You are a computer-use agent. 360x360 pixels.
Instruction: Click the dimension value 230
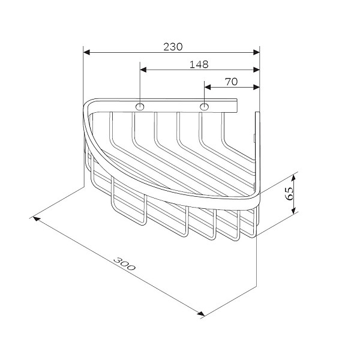[x=173, y=47]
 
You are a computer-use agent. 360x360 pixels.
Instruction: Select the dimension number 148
[x=199, y=65]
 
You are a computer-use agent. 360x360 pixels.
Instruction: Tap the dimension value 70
[x=231, y=82]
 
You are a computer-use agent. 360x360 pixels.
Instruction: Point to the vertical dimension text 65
[x=289, y=194]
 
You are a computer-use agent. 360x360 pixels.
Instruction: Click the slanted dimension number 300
[x=124, y=263]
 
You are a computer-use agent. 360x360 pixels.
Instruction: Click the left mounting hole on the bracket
[x=140, y=107]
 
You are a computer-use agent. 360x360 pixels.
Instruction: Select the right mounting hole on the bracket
[x=204, y=107]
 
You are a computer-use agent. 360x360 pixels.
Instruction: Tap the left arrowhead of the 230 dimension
[x=86, y=52]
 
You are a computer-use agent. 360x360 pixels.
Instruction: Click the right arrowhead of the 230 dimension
[x=256, y=52]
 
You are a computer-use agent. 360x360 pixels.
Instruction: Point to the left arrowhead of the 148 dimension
[x=143, y=70]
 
